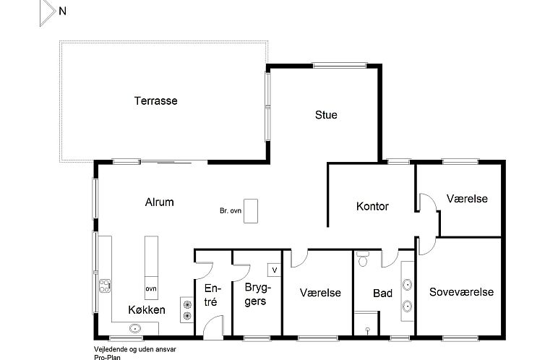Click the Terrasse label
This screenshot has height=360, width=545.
pyautogui.click(x=155, y=100)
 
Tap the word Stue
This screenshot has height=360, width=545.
pyautogui.click(x=326, y=115)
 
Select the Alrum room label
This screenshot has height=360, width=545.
pyautogui.click(x=159, y=202)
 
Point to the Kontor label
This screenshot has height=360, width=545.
pyautogui.click(x=372, y=206)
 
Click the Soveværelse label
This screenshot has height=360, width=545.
pyautogui.click(x=461, y=292)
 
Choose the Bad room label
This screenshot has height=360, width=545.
pyautogui.click(x=382, y=293)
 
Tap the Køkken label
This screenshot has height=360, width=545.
pyautogui.click(x=147, y=309)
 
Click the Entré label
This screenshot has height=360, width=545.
pyautogui.click(x=212, y=295)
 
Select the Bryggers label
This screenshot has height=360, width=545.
pyautogui.click(x=257, y=294)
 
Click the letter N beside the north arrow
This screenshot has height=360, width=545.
pyautogui.click(x=63, y=11)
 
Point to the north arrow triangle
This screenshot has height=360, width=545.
pyautogui.click(x=47, y=13)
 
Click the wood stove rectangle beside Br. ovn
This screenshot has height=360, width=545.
pyautogui.click(x=251, y=211)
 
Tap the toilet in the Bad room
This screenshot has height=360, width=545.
pyautogui.click(x=363, y=259)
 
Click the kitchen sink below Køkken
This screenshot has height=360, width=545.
pyautogui.click(x=135, y=327)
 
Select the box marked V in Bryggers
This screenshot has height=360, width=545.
pyautogui.click(x=274, y=270)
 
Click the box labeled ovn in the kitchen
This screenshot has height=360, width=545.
pyautogui.click(x=151, y=288)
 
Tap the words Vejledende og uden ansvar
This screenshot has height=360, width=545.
pyautogui.click(x=135, y=349)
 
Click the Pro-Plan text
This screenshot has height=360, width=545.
pyautogui.click(x=107, y=357)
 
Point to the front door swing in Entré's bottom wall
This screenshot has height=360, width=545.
pyautogui.click(x=213, y=327)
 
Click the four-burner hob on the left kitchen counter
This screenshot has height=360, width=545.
pyautogui.click(x=105, y=286)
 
